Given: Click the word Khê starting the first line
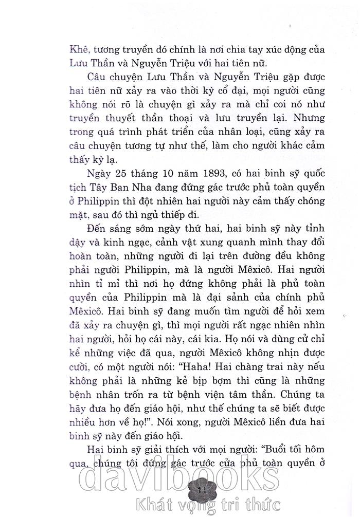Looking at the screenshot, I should (73, 51).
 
